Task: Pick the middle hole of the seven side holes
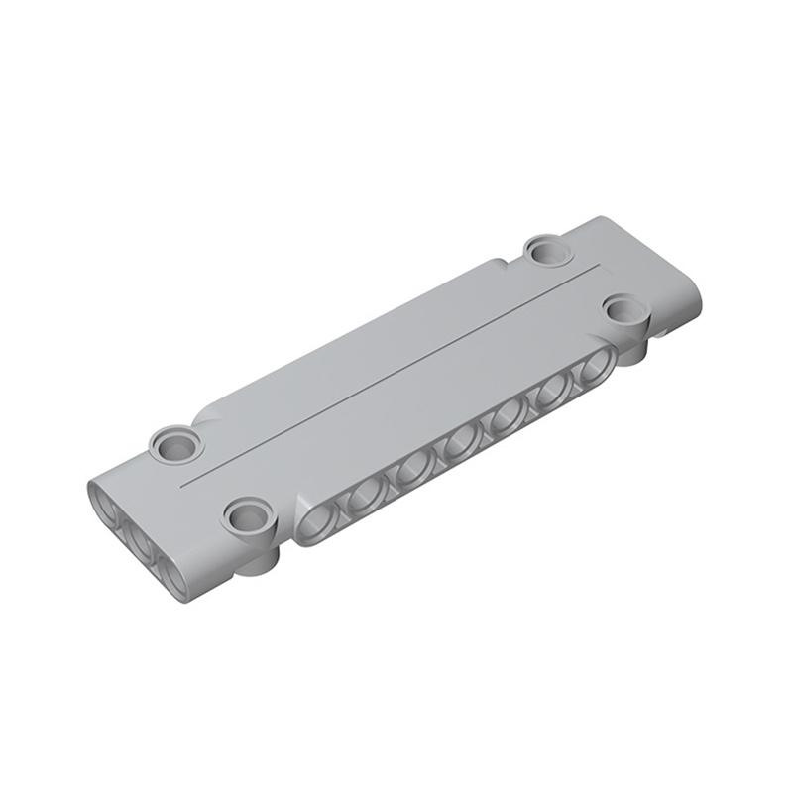pyautogui.click(x=459, y=444)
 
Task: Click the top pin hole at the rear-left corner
pyautogui.click(x=176, y=441)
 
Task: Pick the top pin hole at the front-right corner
pyautogui.click(x=623, y=308)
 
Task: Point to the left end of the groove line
pyautogui.click(x=185, y=486)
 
